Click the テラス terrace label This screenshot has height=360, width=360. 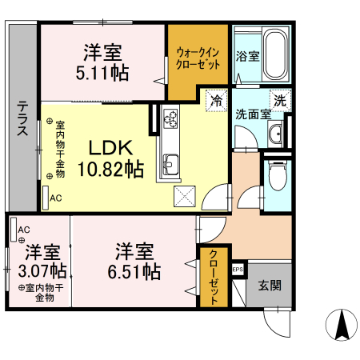coord(22,119)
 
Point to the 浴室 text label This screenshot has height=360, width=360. coord(247,57)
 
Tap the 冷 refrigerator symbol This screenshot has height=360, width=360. coord(216,100)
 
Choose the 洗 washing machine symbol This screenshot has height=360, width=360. coord(279,101)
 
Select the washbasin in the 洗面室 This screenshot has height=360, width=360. coord(276,133)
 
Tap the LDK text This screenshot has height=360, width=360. coord(110,149)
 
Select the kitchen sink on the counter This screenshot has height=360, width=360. coord(170,166)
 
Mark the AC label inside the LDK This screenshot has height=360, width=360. coord(55,198)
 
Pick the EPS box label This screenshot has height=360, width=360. coord(238,270)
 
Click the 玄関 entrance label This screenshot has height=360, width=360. coord(268,285)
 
